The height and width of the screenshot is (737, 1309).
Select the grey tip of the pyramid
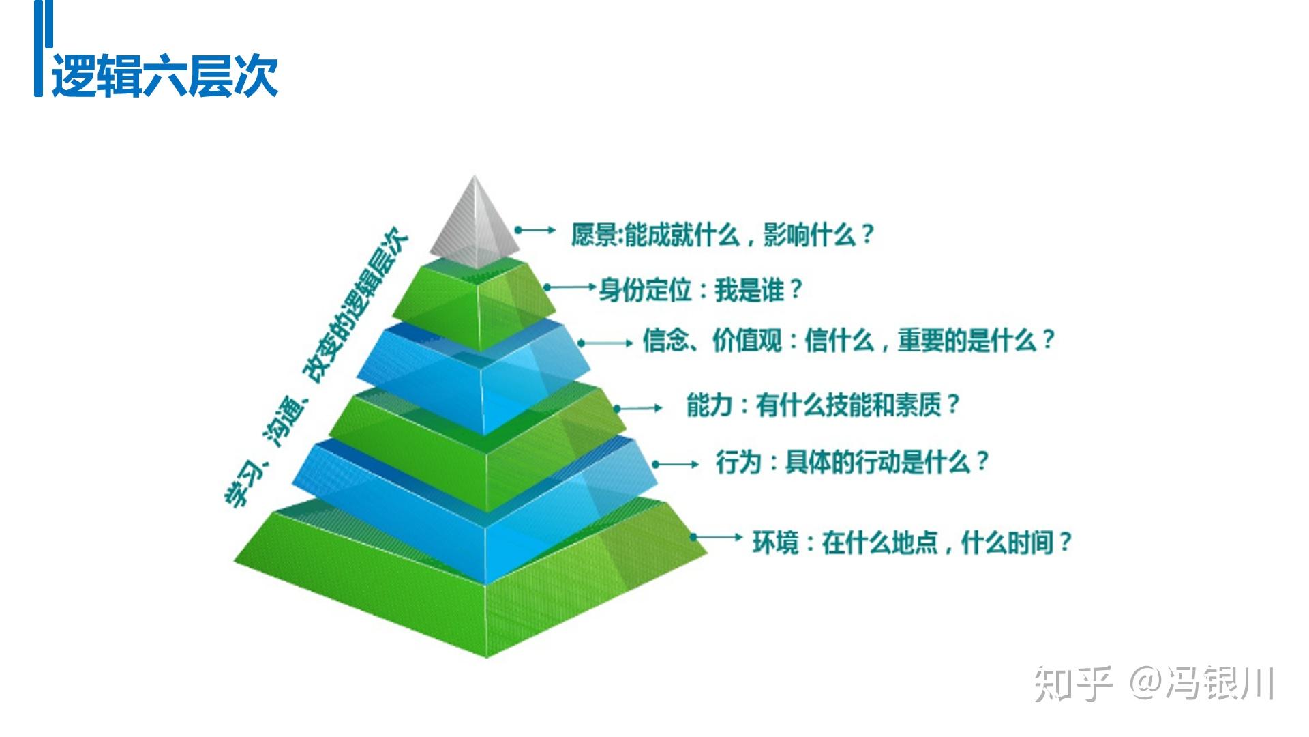coord(475,225)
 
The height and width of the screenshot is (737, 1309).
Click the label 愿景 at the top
coord(594,235)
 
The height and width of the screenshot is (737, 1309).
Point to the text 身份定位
coord(645,290)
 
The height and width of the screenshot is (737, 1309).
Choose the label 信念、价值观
coord(712,340)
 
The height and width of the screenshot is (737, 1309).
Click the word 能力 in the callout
coord(708,405)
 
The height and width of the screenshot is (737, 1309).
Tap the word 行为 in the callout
coord(738,463)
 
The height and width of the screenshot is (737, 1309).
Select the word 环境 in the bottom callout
coord(774,543)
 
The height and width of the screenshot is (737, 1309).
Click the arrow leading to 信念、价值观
coord(606,343)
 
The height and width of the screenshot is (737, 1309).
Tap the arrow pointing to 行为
coord(676,465)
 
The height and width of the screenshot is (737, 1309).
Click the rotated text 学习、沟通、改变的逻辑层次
coord(317,369)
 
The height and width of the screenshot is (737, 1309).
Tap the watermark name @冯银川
coord(1203,683)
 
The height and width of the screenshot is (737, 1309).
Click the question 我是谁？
coord(758,290)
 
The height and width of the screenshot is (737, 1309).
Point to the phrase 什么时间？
coord(1016,543)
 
